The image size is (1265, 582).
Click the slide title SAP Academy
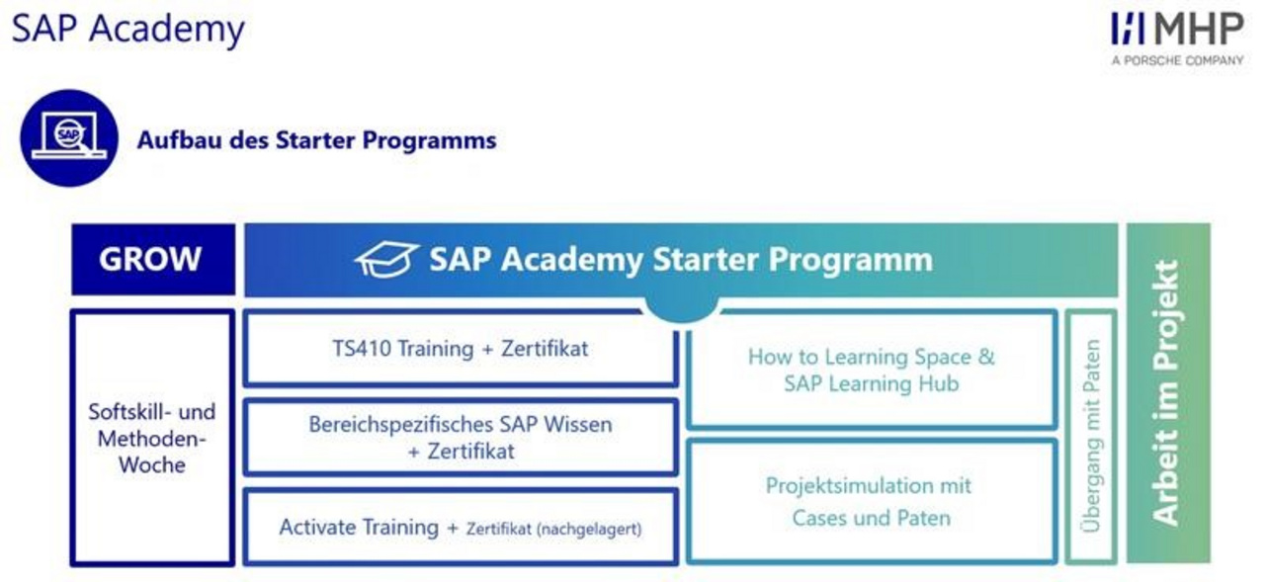coord(128,30)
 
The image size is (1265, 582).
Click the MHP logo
coord(1177,29)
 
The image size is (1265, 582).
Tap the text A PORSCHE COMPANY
coord(1177,60)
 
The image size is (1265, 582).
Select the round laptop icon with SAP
coord(69,137)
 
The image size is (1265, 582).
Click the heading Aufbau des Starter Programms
coord(317,140)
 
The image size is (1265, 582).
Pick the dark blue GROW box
coord(153,259)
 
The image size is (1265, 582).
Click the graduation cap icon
coord(386,259)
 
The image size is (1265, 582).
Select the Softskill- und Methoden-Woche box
coord(152,438)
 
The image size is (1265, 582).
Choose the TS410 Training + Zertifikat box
coord(461,349)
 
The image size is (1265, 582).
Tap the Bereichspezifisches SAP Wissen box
coord(461,438)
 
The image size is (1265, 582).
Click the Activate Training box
coord(461,528)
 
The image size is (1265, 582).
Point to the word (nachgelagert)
coord(589,530)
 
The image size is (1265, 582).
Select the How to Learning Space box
coord(872,371)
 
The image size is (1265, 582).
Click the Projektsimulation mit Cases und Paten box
coord(872,502)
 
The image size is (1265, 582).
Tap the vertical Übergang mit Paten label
coord(1091,437)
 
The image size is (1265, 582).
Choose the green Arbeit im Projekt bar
coord(1168,393)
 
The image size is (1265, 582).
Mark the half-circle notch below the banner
coord(681,309)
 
